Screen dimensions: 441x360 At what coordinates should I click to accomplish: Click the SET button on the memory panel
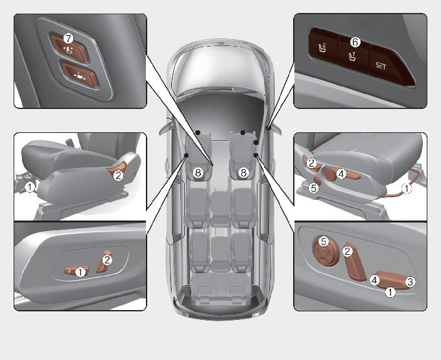(390, 66)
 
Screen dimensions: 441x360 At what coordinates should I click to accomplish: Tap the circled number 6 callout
(355, 42)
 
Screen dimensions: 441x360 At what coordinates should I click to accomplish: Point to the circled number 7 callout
(68, 38)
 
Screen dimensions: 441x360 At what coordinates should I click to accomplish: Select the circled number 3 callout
(410, 282)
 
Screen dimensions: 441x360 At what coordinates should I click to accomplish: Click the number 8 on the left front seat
(198, 173)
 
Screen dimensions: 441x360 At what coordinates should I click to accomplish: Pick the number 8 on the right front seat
(244, 173)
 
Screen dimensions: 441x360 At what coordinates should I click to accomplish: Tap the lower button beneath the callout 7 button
(80, 75)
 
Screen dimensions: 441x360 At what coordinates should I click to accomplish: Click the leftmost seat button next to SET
(324, 47)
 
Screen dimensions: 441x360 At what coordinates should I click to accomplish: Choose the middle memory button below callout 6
(353, 56)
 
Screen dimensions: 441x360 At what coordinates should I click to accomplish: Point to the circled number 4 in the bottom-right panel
(374, 280)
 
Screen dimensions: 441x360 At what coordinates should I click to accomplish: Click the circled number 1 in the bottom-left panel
(80, 272)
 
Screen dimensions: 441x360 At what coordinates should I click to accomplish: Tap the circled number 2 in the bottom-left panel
(107, 260)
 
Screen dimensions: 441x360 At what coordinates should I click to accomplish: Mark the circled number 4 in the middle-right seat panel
(341, 174)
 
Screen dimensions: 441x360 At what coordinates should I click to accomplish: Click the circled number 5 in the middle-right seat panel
(313, 188)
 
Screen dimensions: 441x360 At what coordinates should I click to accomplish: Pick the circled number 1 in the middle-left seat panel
(30, 187)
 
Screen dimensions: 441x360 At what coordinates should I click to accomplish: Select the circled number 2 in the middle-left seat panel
(118, 176)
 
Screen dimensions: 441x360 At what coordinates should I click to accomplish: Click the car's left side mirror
(165, 127)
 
